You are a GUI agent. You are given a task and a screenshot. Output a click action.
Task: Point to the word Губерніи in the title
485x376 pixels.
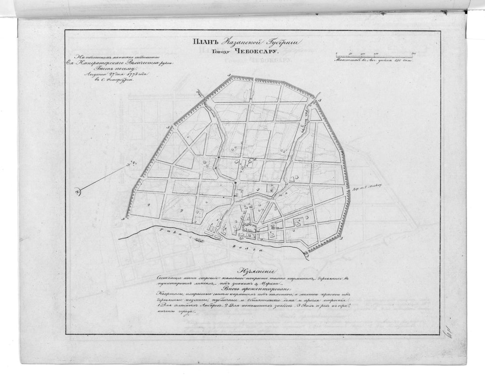(281, 43)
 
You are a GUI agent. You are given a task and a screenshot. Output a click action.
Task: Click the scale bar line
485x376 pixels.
(373, 54)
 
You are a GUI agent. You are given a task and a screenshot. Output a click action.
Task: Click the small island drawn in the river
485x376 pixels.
(198, 241)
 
